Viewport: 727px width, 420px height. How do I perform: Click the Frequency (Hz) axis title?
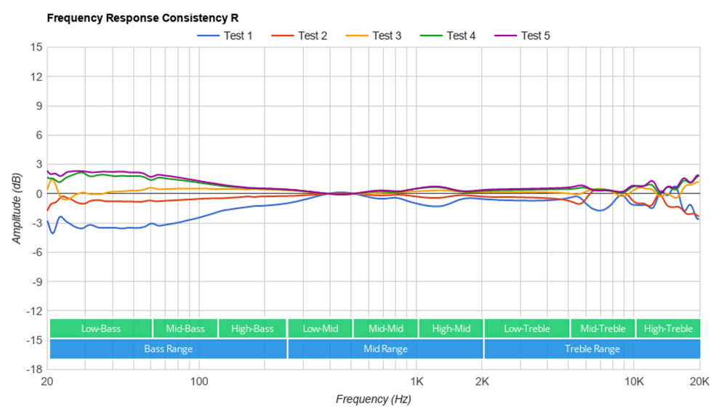pyautogui.click(x=373, y=400)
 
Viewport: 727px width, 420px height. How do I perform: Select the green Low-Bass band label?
pyautogui.click(x=101, y=328)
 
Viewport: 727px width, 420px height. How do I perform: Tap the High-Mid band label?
pyautogui.click(x=451, y=328)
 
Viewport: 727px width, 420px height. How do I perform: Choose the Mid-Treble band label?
pyautogui.click(x=603, y=328)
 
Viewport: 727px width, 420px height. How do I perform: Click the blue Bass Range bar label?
pyautogui.click(x=169, y=349)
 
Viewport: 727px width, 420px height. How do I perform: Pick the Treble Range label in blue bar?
pyautogui.click(x=592, y=349)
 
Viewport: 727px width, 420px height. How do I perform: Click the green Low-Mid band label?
pyautogui.click(x=321, y=328)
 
